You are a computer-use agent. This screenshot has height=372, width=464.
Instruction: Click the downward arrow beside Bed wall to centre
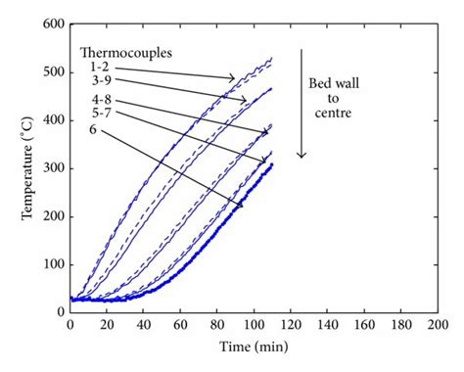[x=302, y=102]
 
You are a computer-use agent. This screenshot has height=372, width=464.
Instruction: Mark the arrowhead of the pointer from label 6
[x=241, y=207]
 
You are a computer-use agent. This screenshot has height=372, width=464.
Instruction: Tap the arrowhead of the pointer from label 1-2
[x=235, y=79]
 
